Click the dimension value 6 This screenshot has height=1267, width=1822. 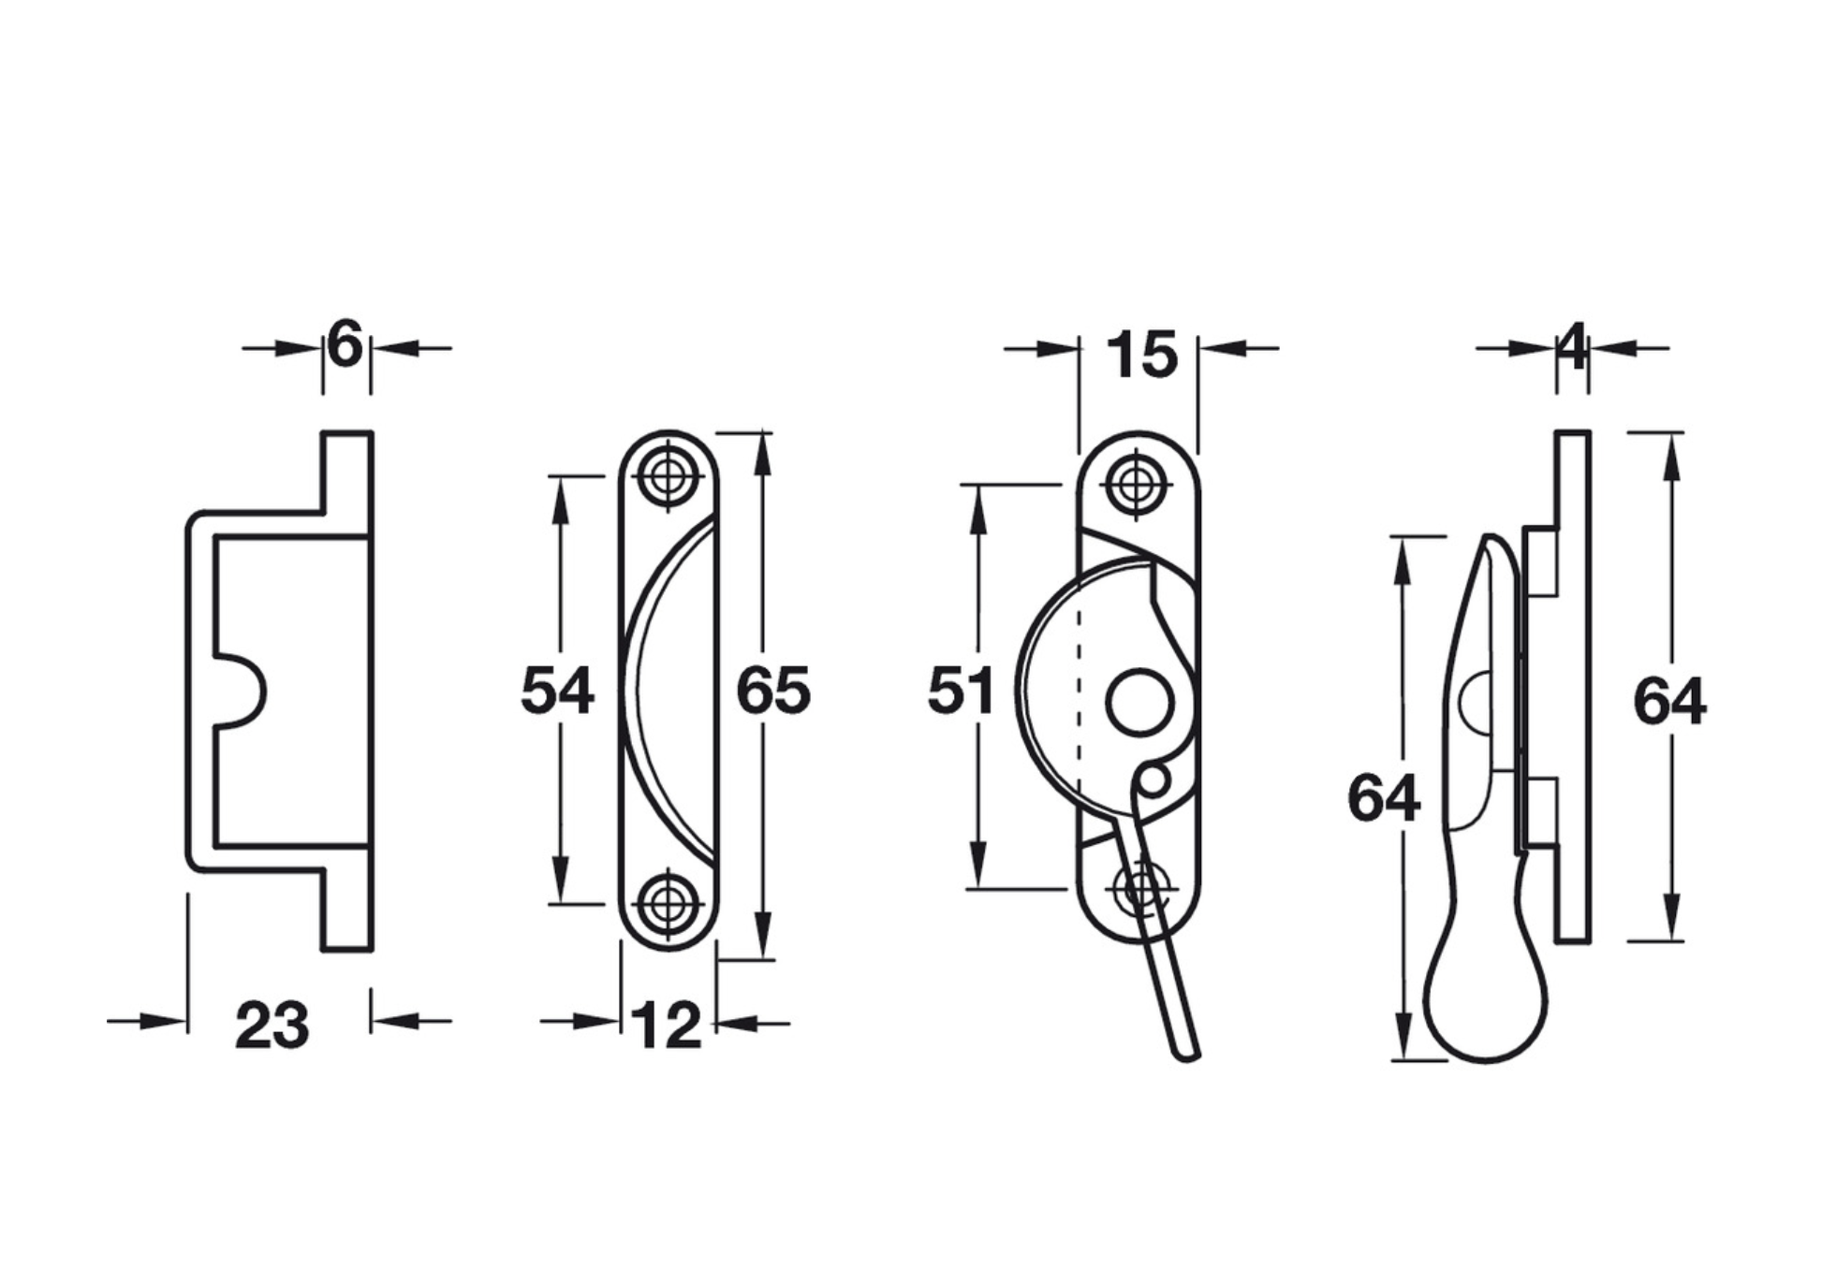[x=345, y=345]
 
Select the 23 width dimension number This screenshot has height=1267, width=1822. [x=272, y=1026]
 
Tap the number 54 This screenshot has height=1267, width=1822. [x=557, y=691]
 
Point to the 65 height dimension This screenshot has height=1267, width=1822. [x=773, y=692]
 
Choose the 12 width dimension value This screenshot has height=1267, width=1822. [x=667, y=1026]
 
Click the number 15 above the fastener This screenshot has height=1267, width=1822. [x=1141, y=356]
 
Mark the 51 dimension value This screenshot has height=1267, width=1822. [x=960, y=692]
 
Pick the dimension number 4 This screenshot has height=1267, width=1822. [x=1573, y=346]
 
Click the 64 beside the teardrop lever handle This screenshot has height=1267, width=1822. [x=1384, y=799]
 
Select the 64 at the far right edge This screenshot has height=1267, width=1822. [x=1669, y=702]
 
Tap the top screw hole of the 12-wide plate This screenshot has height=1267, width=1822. [x=668, y=476]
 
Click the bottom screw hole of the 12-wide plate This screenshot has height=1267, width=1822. [x=668, y=904]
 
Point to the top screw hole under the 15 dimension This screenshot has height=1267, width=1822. [x=1138, y=485]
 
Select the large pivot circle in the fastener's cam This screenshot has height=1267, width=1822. [x=1139, y=702]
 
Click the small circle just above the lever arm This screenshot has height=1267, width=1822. [x=1154, y=779]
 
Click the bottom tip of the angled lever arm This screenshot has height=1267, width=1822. [x=1187, y=1057]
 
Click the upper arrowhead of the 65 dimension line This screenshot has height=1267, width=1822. [x=763, y=457]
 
